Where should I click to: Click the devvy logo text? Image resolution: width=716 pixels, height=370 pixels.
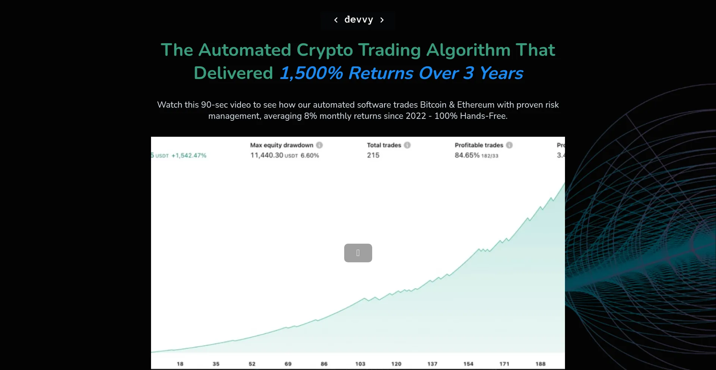pyautogui.click(x=358, y=19)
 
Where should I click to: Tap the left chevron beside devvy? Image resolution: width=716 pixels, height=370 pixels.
pyautogui.click(x=336, y=20)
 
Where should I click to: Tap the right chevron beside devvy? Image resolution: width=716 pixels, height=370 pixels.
pyautogui.click(x=382, y=20)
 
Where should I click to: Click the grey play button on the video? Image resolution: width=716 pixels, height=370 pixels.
pyautogui.click(x=358, y=253)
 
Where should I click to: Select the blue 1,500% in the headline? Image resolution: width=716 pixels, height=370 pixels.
pyautogui.click(x=311, y=73)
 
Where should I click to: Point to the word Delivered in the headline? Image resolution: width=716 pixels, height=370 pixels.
pyautogui.click(x=233, y=73)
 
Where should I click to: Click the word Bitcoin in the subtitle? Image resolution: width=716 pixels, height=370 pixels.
pyautogui.click(x=433, y=105)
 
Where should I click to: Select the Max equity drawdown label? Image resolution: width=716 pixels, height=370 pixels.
pyautogui.click(x=282, y=145)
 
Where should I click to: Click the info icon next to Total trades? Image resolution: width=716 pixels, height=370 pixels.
pyautogui.click(x=407, y=145)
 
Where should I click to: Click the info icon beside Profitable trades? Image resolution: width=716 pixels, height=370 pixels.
pyautogui.click(x=509, y=145)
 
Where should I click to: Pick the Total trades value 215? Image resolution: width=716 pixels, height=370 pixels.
pyautogui.click(x=373, y=155)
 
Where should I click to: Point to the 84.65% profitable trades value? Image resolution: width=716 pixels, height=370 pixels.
pyautogui.click(x=467, y=155)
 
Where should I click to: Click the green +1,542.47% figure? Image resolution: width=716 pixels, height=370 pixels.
pyautogui.click(x=189, y=155)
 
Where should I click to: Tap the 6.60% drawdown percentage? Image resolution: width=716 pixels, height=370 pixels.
pyautogui.click(x=310, y=155)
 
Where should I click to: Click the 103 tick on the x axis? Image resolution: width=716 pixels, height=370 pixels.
pyautogui.click(x=360, y=364)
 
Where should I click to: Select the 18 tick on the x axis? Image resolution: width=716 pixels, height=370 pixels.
pyautogui.click(x=180, y=364)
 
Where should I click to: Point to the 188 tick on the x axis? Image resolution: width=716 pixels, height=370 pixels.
pyautogui.click(x=540, y=364)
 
